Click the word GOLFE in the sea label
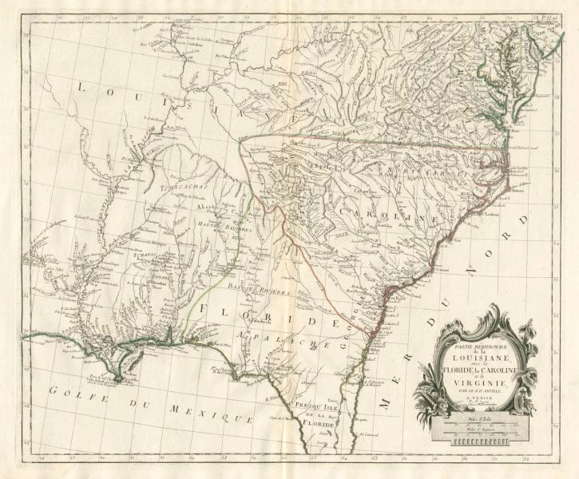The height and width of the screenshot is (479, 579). (x=73, y=391)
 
